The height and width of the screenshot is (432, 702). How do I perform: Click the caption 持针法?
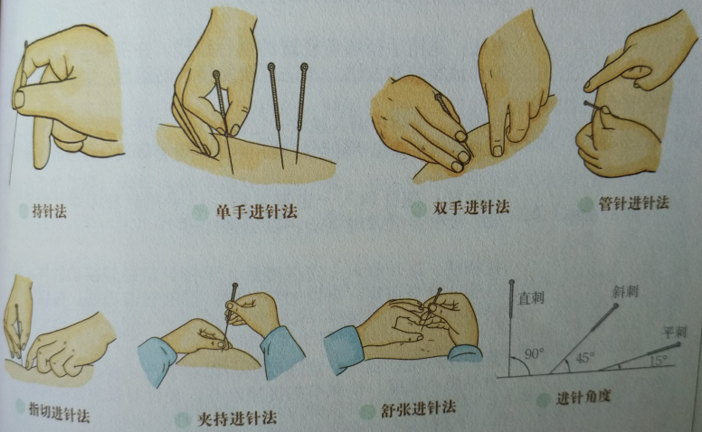[49, 211]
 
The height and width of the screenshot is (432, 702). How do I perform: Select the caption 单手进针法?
[257, 211]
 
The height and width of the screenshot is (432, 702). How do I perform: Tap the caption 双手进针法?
[471, 208]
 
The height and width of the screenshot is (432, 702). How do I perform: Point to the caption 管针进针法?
[634, 203]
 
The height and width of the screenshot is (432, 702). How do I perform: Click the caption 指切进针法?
[59, 413]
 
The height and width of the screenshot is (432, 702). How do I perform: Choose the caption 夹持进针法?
[237, 418]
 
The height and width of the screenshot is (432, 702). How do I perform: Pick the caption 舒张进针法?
[418, 409]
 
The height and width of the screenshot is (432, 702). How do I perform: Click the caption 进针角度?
[583, 397]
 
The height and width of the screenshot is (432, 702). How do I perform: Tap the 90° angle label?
[534, 354]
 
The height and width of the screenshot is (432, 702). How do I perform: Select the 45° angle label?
[584, 357]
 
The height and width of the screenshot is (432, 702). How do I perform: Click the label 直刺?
[531, 298]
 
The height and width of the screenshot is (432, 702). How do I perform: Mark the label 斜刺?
[625, 292]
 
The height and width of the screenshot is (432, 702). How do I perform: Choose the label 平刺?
[675, 333]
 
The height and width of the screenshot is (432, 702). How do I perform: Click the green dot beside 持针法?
[24, 211]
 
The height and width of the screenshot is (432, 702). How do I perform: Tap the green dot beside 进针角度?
[544, 399]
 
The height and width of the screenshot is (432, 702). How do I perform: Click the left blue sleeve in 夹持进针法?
[157, 361]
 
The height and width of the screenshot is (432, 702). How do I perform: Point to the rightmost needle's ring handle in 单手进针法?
[305, 68]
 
